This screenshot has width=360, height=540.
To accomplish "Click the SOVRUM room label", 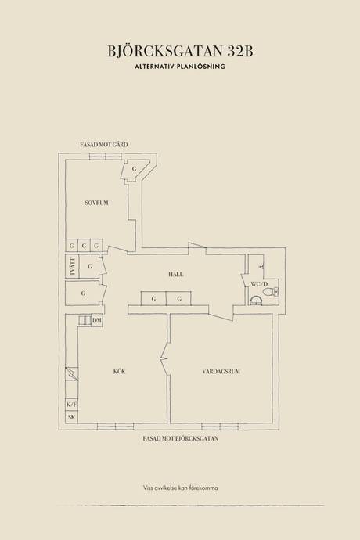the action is pyautogui.click(x=96, y=203).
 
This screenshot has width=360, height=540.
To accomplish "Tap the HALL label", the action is pyautogui.click(x=175, y=275).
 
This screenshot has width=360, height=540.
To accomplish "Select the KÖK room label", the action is pyautogui.click(x=120, y=371).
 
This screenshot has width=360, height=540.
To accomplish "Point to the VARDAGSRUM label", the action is pyautogui.click(x=221, y=371).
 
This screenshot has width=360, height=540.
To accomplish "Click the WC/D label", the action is pyautogui.click(x=259, y=284).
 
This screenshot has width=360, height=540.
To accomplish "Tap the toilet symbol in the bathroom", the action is pyautogui.click(x=271, y=293).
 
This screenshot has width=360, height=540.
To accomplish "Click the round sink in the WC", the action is pyautogui.click(x=255, y=301).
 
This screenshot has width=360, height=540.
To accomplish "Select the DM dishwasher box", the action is pyautogui.click(x=97, y=321).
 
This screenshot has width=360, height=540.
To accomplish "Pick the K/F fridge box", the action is pyautogui.click(x=72, y=405).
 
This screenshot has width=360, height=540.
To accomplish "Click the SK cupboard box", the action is pyautogui.click(x=72, y=417).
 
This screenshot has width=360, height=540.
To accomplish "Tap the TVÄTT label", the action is pyautogui.click(x=72, y=266).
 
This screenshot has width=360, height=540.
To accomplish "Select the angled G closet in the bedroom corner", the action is pyautogui.click(x=135, y=170).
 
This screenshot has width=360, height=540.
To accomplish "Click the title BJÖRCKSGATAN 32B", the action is pyautogui.click(x=180, y=52).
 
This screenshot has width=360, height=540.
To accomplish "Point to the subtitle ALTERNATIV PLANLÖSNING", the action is pyautogui.click(x=180, y=67).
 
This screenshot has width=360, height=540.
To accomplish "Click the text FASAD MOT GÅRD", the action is pyautogui.click(x=103, y=145).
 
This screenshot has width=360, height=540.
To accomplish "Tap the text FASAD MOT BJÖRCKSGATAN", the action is pyautogui.click(x=181, y=439).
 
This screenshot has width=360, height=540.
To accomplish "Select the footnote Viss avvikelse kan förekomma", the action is pyautogui.click(x=180, y=488).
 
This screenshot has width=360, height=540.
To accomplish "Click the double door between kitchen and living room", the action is pyautogui.click(x=165, y=359).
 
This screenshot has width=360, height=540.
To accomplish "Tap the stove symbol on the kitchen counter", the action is pyautogui.click(x=72, y=373).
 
